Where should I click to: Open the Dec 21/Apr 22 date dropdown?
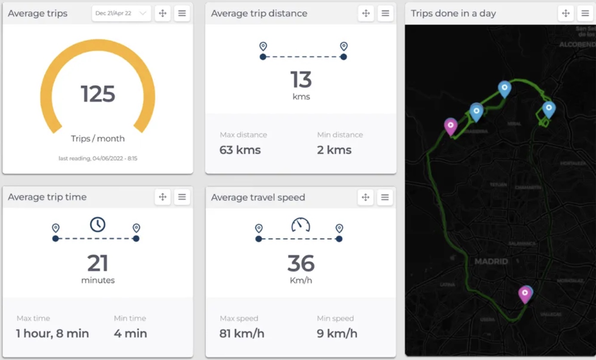click(x=121, y=13)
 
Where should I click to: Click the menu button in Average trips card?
click(x=182, y=13)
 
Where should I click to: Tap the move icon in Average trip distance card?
click(x=366, y=13)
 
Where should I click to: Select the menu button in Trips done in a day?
click(x=585, y=13)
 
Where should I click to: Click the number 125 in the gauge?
click(x=98, y=94)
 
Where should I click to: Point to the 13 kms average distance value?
click(x=301, y=81)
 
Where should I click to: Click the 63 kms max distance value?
click(x=240, y=150)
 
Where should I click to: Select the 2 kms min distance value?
click(x=334, y=150)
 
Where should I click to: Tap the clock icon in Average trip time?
click(x=98, y=224)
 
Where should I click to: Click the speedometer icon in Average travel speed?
click(x=301, y=225)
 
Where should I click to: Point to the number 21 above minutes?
click(x=98, y=263)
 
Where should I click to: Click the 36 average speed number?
click(x=301, y=263)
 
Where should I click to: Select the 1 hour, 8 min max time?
click(x=52, y=334)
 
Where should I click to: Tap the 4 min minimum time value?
click(x=130, y=334)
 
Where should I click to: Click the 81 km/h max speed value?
click(x=242, y=334)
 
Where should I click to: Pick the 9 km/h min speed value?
click(x=337, y=334)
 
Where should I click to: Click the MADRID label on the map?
click(x=491, y=261)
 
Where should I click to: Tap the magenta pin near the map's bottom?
click(x=524, y=294)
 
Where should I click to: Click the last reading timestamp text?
click(x=98, y=159)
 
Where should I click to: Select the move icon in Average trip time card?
click(x=163, y=197)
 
